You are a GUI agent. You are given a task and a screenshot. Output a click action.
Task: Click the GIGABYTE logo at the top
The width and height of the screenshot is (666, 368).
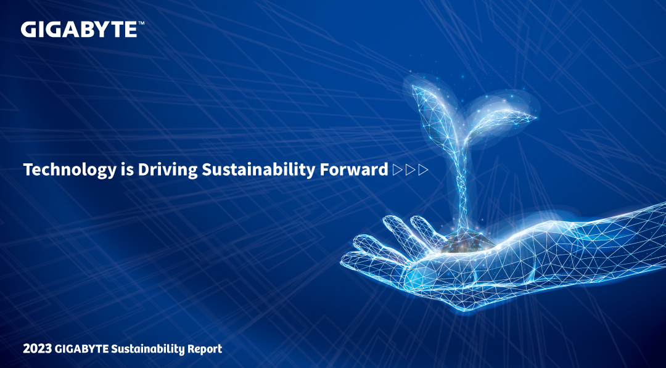[x=79, y=30]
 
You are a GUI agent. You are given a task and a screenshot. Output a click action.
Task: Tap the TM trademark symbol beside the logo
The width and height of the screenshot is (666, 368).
[x=141, y=24]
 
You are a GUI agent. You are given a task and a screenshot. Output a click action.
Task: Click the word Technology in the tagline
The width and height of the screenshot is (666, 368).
[x=69, y=170]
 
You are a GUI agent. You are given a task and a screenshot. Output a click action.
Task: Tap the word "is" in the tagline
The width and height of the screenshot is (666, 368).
[x=126, y=170]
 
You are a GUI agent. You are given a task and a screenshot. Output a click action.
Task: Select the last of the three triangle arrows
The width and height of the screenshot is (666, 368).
[x=423, y=170]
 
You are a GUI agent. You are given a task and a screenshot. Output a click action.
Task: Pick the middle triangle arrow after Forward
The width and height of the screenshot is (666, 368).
[x=410, y=170]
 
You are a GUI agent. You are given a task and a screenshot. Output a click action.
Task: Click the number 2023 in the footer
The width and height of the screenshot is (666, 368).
[x=38, y=350]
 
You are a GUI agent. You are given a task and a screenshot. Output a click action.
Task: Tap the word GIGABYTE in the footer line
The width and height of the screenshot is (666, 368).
[x=82, y=350]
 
